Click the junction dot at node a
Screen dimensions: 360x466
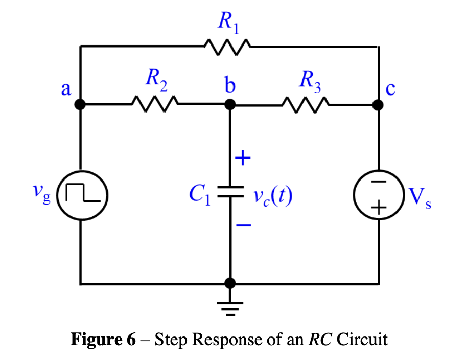tap(80, 105)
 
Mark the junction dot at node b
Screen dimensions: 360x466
tap(230, 105)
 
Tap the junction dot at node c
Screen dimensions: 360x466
tap(378, 105)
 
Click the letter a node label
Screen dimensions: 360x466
tap(65, 89)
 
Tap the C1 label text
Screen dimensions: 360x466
tap(200, 194)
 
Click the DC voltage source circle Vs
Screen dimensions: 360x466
tap(379, 195)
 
